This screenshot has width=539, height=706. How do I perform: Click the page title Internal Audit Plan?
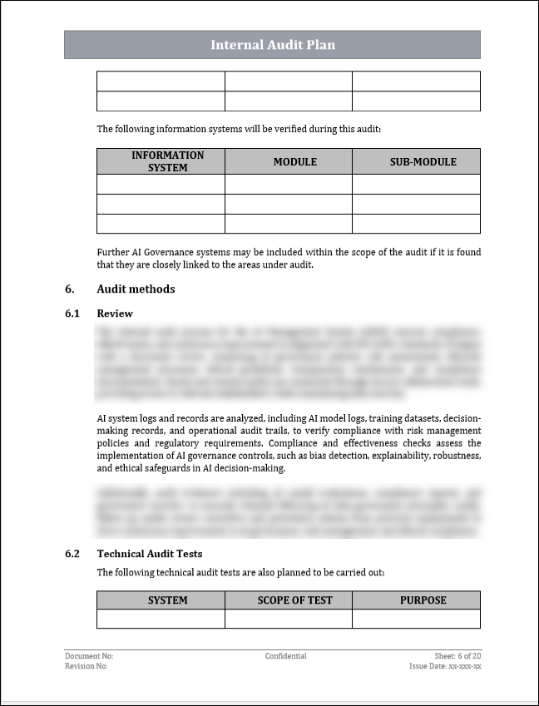[272, 45]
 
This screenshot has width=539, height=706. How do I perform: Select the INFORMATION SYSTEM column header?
[161, 161]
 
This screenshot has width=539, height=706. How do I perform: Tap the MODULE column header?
[289, 161]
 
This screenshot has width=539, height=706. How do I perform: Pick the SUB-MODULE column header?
[417, 161]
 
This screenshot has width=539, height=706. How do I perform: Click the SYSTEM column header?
[161, 600]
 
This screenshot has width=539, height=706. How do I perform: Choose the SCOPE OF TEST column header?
[289, 600]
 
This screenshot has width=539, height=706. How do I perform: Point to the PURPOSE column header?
[417, 600]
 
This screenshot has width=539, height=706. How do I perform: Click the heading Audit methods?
[136, 289]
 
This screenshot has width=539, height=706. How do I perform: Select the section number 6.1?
[72, 314]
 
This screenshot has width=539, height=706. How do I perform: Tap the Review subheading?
[115, 314]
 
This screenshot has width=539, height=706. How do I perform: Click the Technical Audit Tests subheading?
[149, 553]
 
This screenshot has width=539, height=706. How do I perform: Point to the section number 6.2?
[72, 553]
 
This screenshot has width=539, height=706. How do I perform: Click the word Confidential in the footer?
[286, 656]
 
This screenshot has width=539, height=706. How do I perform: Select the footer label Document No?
[89, 656]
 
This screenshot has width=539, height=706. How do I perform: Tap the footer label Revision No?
[86, 666]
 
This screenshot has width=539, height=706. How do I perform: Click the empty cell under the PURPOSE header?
[417, 619]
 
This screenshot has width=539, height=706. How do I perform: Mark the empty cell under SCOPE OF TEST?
[289, 619]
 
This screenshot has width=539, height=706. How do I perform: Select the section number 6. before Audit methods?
[69, 289]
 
